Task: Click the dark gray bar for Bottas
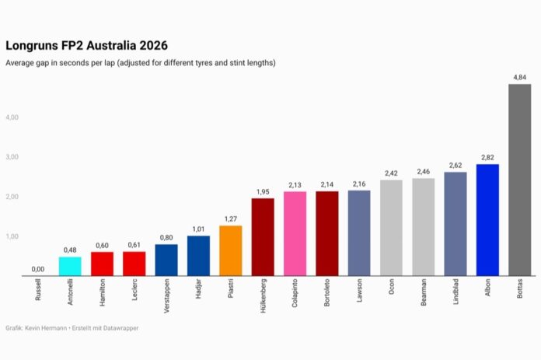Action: tap(519, 180)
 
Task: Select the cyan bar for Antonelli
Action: tap(70, 266)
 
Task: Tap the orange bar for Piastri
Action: tap(231, 250)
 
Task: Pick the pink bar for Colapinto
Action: tap(295, 233)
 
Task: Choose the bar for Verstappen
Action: tap(166, 260)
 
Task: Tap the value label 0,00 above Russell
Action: tap(38, 269)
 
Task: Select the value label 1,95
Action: tap(263, 191)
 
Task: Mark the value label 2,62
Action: tap(455, 165)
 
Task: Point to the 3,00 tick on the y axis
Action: tap(12, 157)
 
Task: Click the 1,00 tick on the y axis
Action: tap(12, 236)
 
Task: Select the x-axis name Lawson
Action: tap(359, 293)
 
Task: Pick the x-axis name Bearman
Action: tap(424, 295)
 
